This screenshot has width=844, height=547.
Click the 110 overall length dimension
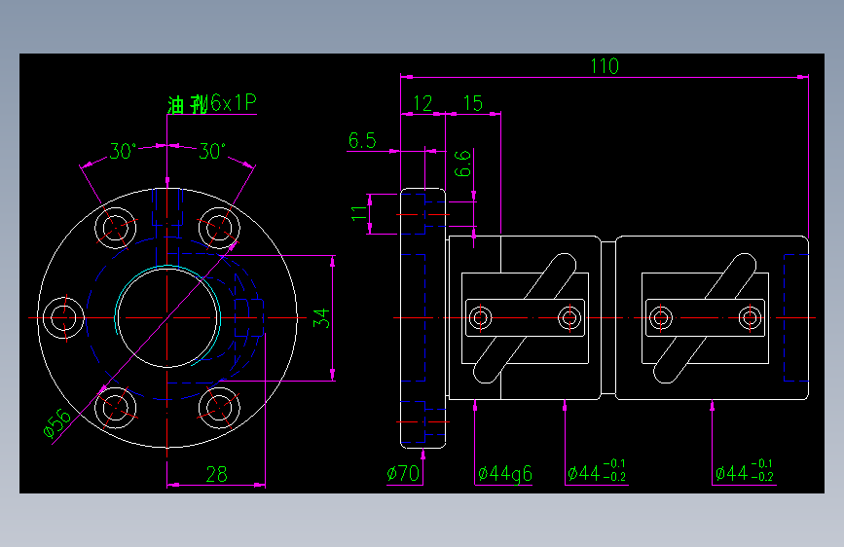click(x=604, y=66)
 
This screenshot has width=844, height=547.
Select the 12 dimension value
click(x=422, y=103)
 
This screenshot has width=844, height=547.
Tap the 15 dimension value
click(x=472, y=103)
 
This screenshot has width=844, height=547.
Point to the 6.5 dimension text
click(x=362, y=141)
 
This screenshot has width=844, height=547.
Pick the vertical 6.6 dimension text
click(x=463, y=162)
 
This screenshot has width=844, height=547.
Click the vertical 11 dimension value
click(x=359, y=214)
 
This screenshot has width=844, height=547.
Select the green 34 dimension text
click(x=321, y=318)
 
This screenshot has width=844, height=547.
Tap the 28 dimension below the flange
click(x=216, y=474)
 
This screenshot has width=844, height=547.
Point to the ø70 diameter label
click(x=403, y=474)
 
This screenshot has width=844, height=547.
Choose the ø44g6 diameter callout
click(x=504, y=474)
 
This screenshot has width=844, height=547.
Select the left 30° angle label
click(x=122, y=152)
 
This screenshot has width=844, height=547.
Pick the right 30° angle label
click(x=211, y=152)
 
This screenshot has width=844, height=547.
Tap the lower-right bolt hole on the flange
click(x=218, y=408)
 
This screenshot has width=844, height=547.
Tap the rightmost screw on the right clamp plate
click(x=750, y=317)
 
